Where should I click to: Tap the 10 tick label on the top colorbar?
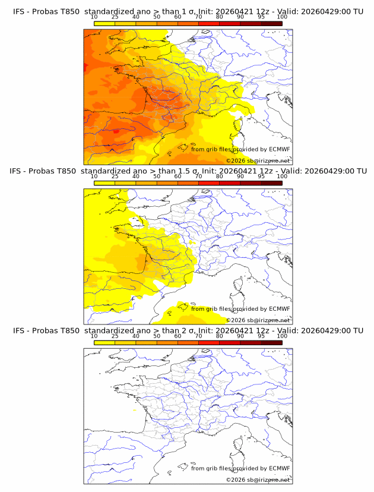(x=94, y=17)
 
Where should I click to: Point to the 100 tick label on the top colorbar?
(x=282, y=17)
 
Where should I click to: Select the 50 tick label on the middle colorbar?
(x=157, y=176)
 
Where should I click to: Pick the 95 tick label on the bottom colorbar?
(x=261, y=336)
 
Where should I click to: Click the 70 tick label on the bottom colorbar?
(x=198, y=336)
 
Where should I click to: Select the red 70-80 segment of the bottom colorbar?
(x=208, y=342)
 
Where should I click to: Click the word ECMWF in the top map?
(x=279, y=149)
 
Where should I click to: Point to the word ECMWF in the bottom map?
(x=279, y=468)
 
